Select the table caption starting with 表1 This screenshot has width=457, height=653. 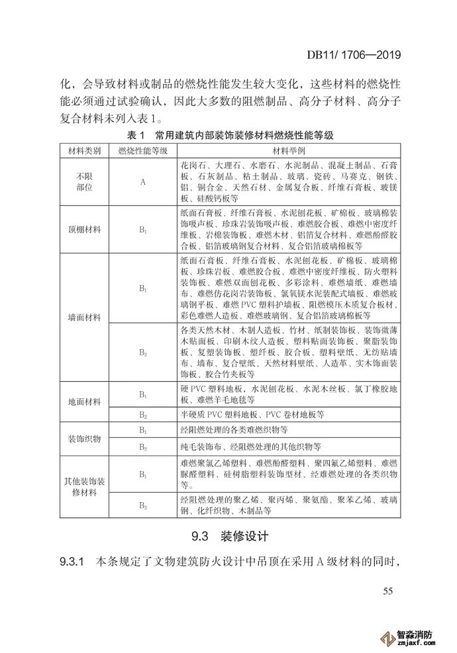pos(228,136)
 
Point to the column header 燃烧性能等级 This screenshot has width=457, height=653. pos(142,151)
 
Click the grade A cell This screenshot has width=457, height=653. pos(142,181)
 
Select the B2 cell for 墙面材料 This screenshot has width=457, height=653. pos(142,351)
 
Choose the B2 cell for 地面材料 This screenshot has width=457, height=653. pos(142,415)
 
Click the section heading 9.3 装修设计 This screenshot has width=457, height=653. pos(228,535)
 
